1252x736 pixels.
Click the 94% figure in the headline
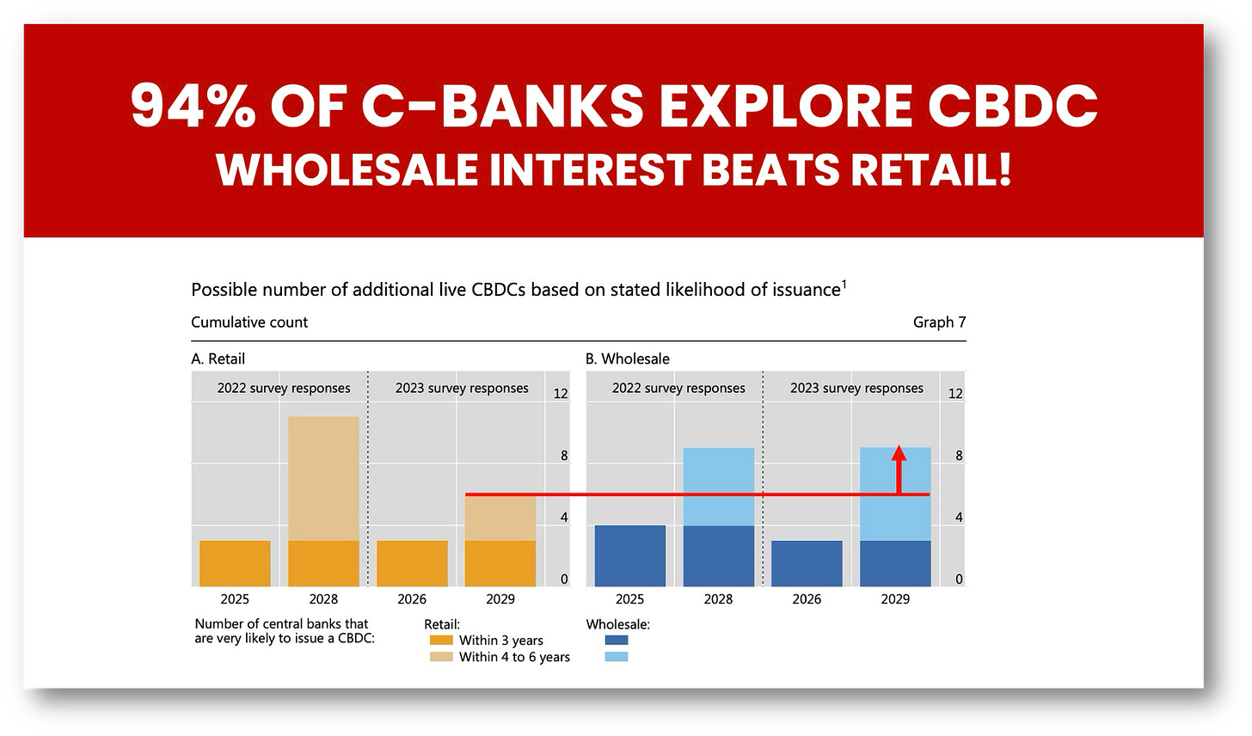193,106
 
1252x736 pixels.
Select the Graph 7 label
939,322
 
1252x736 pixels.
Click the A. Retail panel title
218,359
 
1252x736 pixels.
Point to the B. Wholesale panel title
627,359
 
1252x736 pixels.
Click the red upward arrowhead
899,452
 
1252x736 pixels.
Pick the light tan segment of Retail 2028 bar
323,478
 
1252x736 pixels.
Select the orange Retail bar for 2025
235,563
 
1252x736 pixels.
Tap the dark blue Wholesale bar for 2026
807,563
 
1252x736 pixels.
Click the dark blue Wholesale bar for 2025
630,556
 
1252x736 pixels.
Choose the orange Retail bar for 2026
412,563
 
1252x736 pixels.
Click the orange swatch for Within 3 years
441,641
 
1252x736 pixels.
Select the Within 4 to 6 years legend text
514,657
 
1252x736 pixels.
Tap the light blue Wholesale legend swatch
617,657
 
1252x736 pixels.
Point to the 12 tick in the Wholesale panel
955,394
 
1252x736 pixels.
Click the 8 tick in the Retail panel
564,456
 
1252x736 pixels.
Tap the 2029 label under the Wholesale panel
895,599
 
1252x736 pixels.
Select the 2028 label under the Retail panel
323,599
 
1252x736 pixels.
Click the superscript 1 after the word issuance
844,284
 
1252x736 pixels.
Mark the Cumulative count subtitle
249,322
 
